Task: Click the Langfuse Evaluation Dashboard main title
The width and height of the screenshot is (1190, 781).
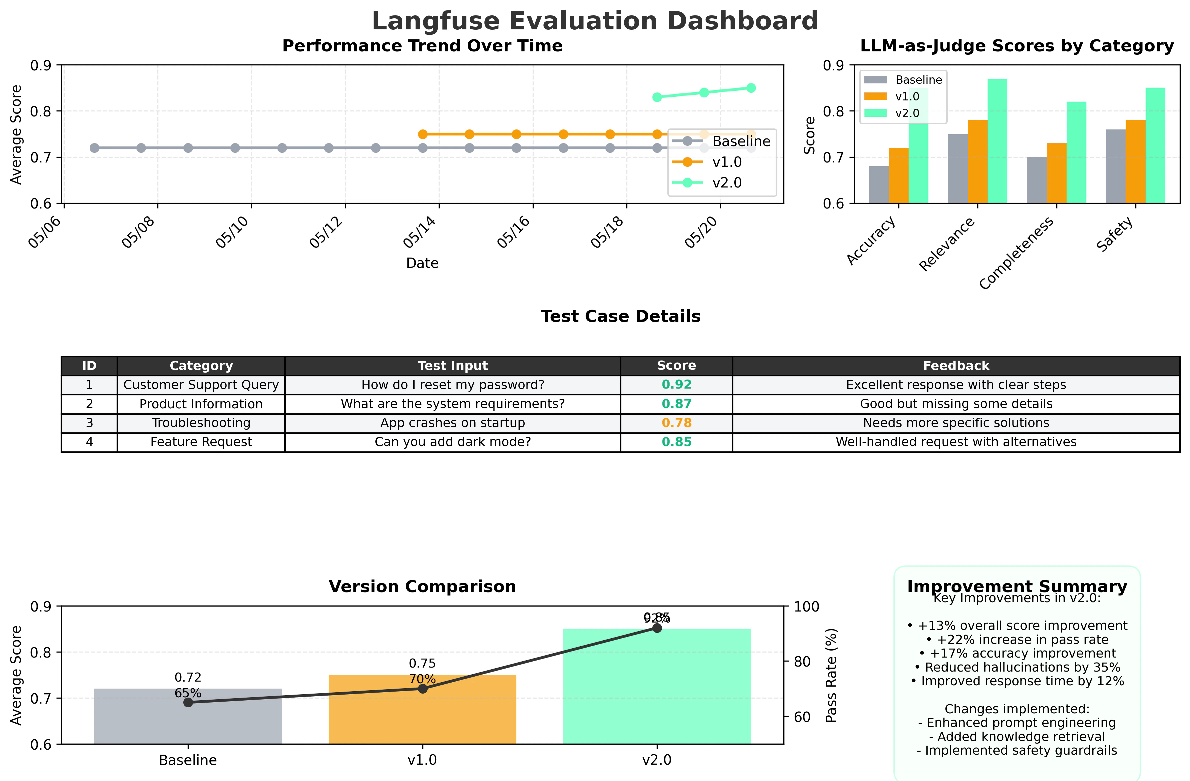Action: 595,21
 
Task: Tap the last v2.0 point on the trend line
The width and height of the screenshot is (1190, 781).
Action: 751,88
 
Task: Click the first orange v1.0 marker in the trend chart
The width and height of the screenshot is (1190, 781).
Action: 423,134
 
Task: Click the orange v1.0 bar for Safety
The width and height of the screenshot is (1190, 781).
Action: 1135,161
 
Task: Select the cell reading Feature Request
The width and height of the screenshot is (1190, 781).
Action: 201,442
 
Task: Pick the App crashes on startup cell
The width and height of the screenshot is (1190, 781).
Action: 453,423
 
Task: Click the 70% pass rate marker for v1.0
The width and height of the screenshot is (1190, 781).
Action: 423,689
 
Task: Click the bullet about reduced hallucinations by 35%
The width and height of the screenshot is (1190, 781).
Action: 1017,668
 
